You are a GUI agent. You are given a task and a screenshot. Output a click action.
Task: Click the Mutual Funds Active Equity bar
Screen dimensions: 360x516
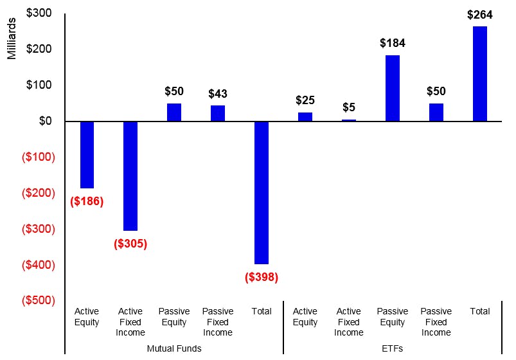(87, 154)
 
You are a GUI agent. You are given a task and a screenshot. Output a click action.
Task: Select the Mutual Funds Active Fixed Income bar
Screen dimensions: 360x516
(130, 175)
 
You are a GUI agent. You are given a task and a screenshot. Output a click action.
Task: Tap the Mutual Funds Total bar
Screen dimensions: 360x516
(262, 192)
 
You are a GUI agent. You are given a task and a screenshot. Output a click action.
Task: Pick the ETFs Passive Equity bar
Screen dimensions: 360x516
(393, 88)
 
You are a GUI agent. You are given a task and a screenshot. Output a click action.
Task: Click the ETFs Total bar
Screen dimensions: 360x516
(480, 74)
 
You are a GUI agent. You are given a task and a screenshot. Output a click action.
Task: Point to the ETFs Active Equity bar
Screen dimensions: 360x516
(305, 117)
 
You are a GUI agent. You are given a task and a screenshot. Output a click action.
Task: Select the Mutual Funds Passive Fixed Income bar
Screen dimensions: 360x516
(218, 113)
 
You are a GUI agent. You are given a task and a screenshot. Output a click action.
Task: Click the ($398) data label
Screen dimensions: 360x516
(262, 277)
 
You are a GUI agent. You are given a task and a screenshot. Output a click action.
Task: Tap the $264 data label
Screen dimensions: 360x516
(480, 15)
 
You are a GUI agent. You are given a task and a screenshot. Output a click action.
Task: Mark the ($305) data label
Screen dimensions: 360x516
(130, 244)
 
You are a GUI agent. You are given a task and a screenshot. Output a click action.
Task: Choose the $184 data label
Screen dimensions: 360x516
(393, 44)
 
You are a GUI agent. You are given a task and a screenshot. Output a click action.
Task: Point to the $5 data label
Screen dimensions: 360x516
(349, 107)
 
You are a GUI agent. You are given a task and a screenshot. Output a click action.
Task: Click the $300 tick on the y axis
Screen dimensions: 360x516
(39, 13)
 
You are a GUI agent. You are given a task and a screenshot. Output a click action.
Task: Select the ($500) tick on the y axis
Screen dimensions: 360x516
(39, 300)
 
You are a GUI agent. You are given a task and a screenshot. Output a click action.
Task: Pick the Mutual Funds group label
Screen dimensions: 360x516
(174, 348)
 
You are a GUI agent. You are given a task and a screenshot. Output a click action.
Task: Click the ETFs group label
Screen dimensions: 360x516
(393, 348)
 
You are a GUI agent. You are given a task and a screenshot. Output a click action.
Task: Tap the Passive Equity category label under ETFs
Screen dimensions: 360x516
(393, 316)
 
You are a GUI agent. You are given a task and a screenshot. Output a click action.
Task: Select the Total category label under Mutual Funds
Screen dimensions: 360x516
(262, 311)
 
